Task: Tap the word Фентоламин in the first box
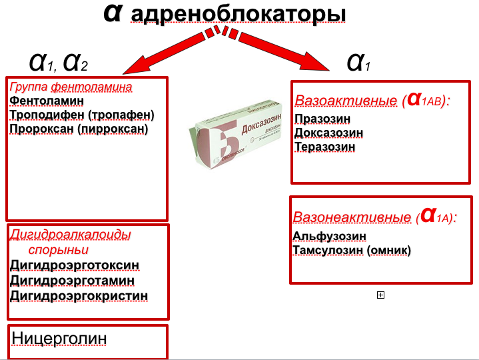pos(47,100)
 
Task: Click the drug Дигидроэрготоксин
pos(75,265)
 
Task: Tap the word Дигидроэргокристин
pos(79,295)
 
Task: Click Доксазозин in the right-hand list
pos(328,133)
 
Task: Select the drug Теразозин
pos(322,147)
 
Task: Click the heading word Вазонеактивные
pos(350,217)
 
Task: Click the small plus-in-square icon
pos(380,295)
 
